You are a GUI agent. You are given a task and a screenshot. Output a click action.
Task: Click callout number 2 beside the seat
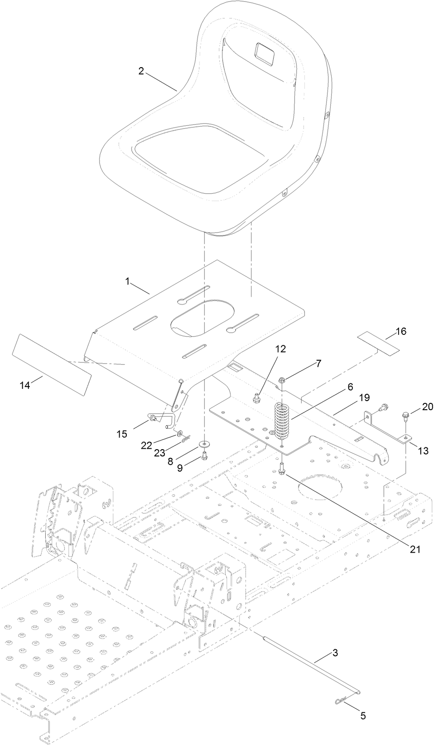pyautogui.click(x=141, y=71)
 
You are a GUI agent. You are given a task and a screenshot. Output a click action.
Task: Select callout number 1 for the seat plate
pyautogui.click(x=128, y=281)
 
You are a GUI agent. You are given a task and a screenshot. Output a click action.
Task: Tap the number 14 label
pyautogui.click(x=25, y=385)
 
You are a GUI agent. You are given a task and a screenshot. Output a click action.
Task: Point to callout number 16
pyautogui.click(x=400, y=331)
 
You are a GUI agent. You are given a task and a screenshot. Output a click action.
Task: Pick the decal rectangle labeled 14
pyautogui.click(x=52, y=365)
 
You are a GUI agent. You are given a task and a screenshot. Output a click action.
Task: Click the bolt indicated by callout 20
pyautogui.click(x=405, y=414)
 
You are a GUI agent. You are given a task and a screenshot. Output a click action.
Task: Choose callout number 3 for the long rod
pyautogui.click(x=335, y=653)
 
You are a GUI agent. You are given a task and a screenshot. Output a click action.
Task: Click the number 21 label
pyautogui.click(x=415, y=549)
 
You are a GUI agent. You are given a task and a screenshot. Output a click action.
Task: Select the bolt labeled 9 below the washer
pyautogui.click(x=204, y=455)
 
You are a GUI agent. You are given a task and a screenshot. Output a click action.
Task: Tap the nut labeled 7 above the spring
pyautogui.click(x=282, y=380)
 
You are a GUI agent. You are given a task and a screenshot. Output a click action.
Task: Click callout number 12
pyautogui.click(x=280, y=348)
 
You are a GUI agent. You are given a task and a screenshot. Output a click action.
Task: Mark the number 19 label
pyautogui.click(x=364, y=397)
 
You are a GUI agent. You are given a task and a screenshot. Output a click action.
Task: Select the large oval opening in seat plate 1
pyautogui.click(x=203, y=318)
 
